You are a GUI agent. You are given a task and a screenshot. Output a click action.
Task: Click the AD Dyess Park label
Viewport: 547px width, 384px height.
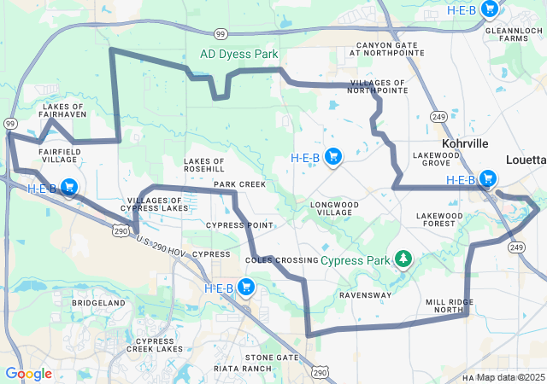click(x=239, y=54)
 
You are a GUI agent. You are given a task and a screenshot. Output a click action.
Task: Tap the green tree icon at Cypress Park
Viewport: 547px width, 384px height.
click(x=403, y=258)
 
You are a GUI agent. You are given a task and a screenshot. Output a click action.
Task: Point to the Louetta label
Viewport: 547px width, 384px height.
click(x=525, y=160)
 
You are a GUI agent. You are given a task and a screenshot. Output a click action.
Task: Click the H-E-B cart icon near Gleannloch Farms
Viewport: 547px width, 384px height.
click(x=489, y=9)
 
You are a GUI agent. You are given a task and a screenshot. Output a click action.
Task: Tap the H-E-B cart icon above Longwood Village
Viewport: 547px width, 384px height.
click(x=334, y=156)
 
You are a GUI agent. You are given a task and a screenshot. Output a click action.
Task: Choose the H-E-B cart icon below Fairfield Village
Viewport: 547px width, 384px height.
click(x=69, y=187)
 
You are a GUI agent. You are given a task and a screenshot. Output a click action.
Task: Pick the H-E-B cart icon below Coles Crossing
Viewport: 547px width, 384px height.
click(x=247, y=287)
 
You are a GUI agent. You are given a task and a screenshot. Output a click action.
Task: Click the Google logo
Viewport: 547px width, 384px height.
click(x=28, y=374)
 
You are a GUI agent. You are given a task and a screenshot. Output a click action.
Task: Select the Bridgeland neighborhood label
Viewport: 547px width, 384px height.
click(x=98, y=303)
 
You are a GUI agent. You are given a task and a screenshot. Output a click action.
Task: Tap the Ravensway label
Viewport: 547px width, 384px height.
click(x=365, y=295)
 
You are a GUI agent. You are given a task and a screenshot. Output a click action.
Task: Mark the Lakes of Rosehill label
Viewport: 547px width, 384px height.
click(x=204, y=165)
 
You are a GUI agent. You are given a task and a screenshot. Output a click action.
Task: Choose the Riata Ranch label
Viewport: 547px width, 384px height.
click(x=245, y=368)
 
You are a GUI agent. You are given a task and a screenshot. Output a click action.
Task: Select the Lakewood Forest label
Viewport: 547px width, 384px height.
click(x=439, y=220)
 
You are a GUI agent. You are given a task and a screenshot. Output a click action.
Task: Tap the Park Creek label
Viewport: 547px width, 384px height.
click(x=239, y=184)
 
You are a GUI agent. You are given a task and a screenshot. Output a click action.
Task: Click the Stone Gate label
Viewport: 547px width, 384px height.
click(x=272, y=358)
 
